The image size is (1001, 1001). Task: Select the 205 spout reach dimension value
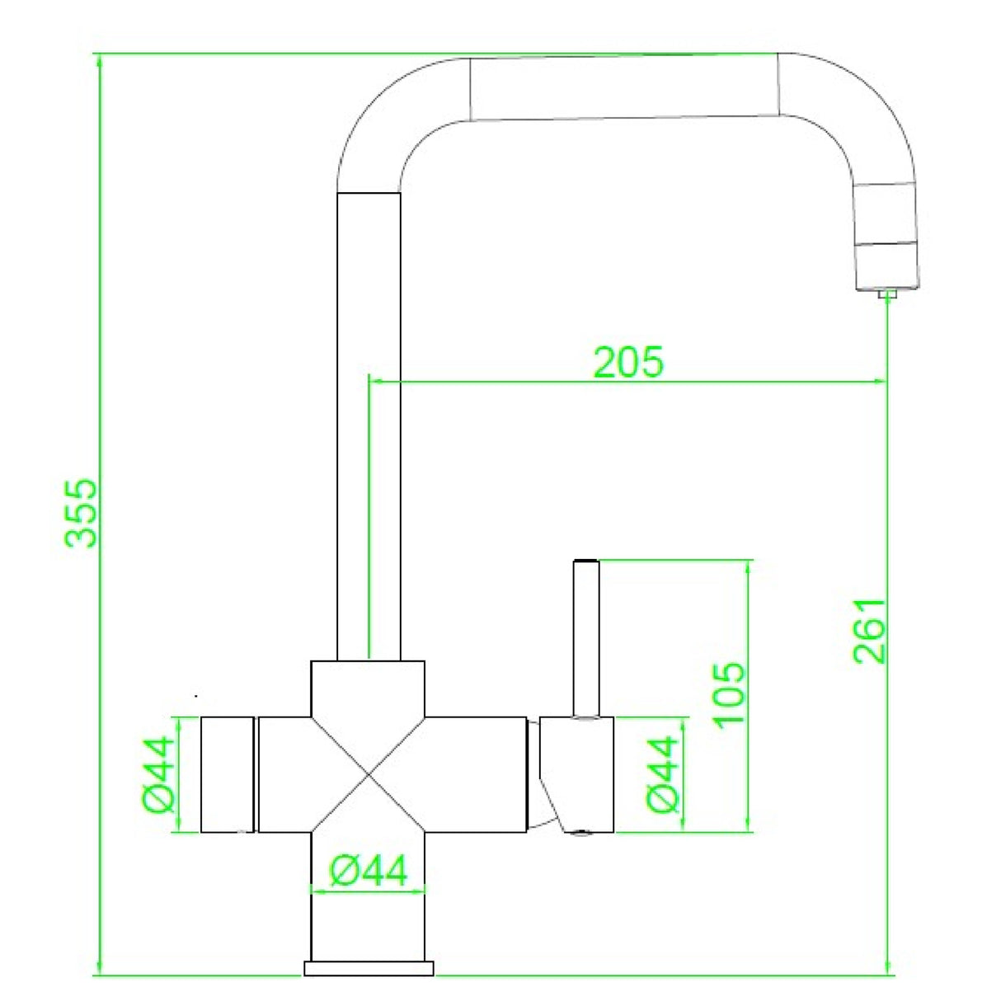tap(628, 361)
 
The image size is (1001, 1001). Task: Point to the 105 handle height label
tap(730, 693)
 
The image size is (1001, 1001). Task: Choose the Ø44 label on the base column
tap(368, 871)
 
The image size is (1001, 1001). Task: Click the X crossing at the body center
tap(368, 775)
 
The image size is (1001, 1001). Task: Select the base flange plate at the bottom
tap(369, 968)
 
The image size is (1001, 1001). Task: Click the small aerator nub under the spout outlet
tap(887, 294)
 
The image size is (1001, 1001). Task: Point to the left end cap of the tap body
tap(228, 774)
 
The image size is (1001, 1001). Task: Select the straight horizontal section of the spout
tap(624, 87)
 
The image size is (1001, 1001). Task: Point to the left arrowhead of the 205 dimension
tap(373, 382)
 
